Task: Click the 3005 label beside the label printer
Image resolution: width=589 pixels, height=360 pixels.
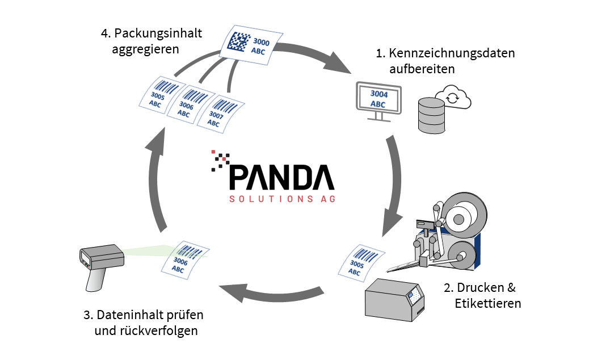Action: pos(357,262)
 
